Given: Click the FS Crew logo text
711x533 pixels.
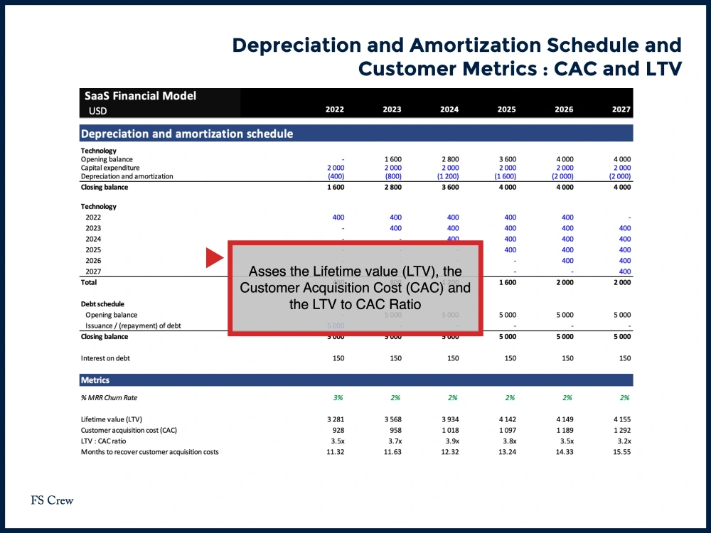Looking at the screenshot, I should [x=52, y=500].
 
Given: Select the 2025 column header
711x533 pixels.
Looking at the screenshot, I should [x=506, y=109].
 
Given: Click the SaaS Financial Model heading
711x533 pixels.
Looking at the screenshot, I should [x=140, y=96].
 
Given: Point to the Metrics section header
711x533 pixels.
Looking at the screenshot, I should [x=95, y=380].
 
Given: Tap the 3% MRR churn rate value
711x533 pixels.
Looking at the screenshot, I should [x=338, y=398].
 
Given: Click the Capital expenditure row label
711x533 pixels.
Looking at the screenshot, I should [x=110, y=168].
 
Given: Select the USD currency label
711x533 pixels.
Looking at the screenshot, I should [x=98, y=111].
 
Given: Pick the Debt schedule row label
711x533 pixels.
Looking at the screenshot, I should [x=102, y=303].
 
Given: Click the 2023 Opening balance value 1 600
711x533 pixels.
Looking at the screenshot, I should [x=392, y=159].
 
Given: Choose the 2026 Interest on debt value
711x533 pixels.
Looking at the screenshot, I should [x=567, y=358].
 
